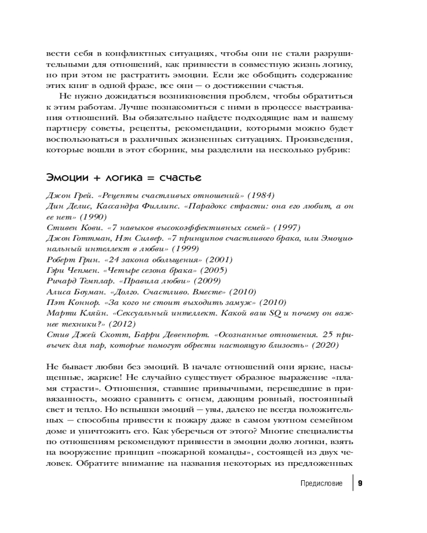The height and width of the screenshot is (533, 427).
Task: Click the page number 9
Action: (x=360, y=483)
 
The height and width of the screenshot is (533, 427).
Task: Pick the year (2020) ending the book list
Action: (x=334, y=345)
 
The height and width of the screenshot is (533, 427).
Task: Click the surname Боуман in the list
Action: (x=87, y=292)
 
